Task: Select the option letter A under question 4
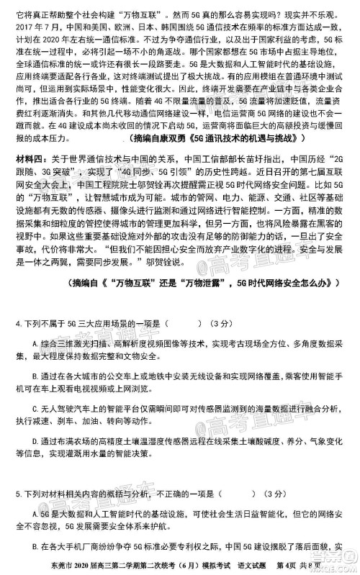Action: click(x=35, y=324)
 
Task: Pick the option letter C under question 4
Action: click(x=35, y=407)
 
